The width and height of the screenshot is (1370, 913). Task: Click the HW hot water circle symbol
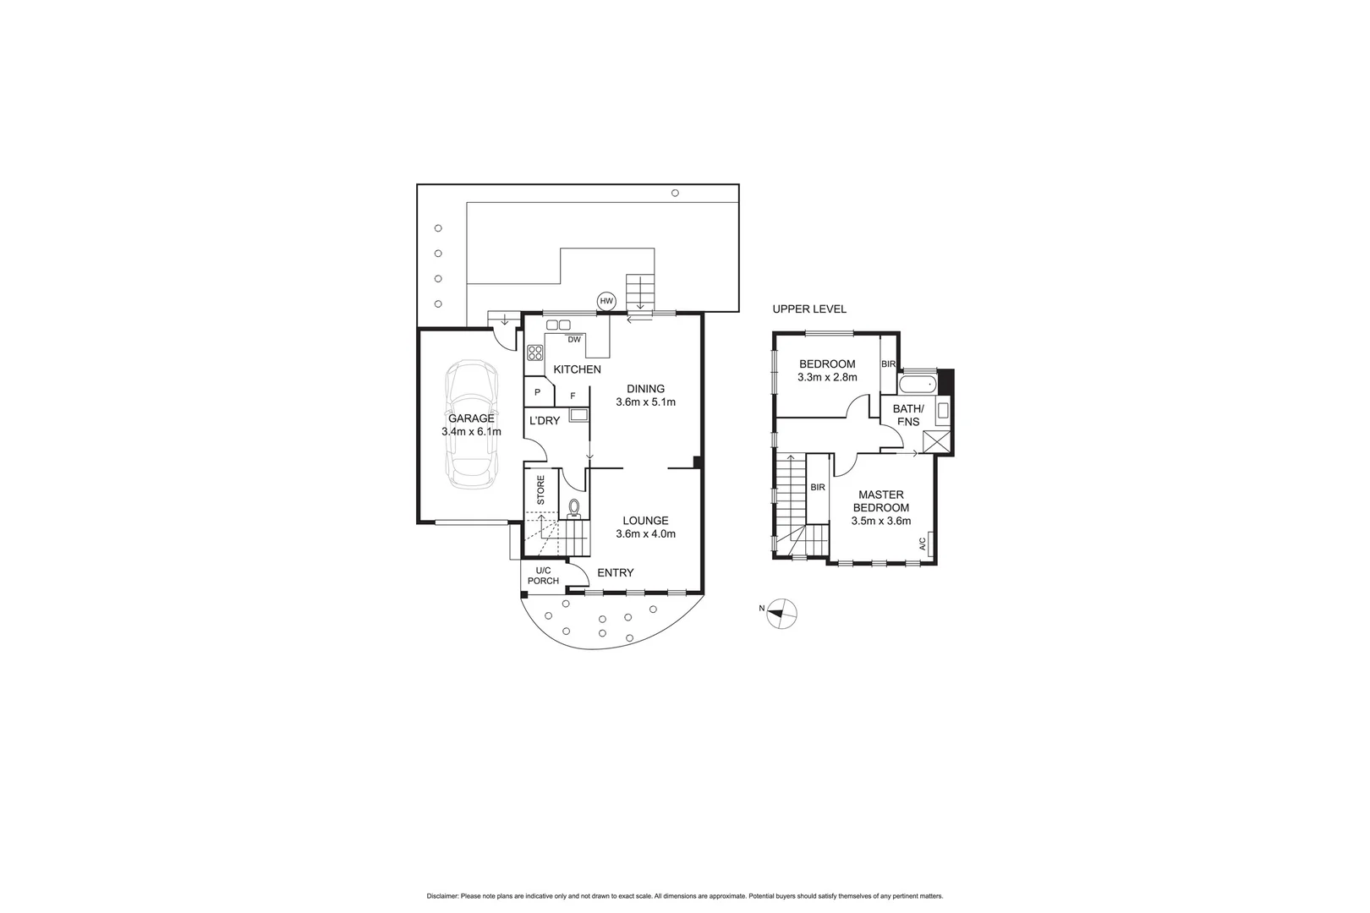point(606,301)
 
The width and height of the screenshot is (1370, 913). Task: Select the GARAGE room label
point(471,418)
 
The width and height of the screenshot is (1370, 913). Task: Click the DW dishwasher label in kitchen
point(574,340)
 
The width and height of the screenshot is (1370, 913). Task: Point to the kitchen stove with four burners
point(534,353)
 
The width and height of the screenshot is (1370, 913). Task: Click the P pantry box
point(537,392)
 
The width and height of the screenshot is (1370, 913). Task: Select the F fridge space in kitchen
point(573,395)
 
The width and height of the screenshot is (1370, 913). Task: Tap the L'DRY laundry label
point(545,421)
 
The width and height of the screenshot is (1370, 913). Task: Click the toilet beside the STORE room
point(574,507)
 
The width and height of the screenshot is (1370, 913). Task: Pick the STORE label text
point(541,489)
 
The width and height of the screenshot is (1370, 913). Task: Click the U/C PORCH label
point(543,576)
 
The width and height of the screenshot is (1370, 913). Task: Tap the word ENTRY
point(615,573)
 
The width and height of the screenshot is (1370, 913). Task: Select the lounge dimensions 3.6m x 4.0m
point(645,533)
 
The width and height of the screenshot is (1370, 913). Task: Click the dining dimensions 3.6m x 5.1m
point(645,402)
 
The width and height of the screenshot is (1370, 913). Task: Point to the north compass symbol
point(781,613)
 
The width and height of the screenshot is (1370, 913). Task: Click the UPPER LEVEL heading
point(808,309)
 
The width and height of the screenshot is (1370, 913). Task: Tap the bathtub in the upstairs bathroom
point(918,385)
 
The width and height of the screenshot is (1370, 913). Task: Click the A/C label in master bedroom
point(923,544)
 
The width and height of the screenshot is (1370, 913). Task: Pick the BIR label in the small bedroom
point(888,364)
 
